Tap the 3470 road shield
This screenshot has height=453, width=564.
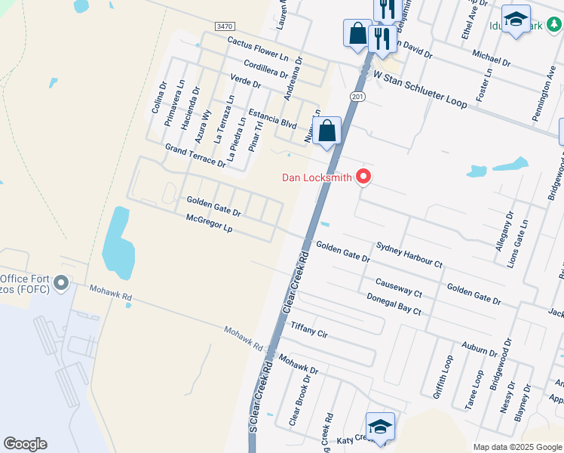224,26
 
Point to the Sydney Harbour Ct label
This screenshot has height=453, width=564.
409,255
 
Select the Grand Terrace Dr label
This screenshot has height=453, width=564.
195,157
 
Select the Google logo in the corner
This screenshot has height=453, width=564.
25,444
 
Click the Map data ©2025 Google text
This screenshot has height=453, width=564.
517,447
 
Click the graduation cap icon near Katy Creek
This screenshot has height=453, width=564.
380,426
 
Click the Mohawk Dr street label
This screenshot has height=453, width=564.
296,365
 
